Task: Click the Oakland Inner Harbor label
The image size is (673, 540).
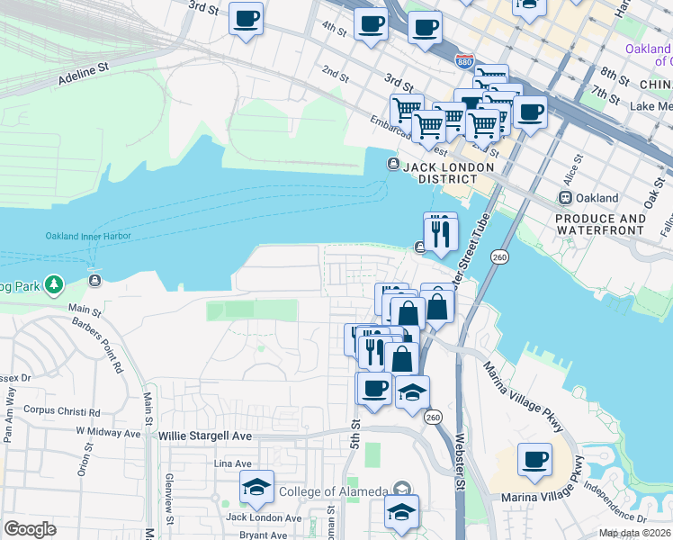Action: tap(88, 237)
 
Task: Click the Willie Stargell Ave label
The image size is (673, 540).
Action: tap(205, 436)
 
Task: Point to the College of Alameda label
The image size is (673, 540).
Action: tap(333, 491)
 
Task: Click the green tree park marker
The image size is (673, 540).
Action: tap(55, 285)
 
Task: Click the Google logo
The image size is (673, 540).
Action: tap(31, 529)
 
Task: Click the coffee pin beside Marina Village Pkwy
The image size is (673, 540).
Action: tap(534, 460)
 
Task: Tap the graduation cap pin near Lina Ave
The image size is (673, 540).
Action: tap(257, 489)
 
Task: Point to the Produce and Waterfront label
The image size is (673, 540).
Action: tap(600, 224)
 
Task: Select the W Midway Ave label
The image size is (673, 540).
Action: tap(109, 432)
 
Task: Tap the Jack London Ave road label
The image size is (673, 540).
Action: tap(264, 517)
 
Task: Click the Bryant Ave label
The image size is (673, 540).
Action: tap(263, 535)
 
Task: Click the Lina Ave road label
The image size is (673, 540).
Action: tap(232, 463)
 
